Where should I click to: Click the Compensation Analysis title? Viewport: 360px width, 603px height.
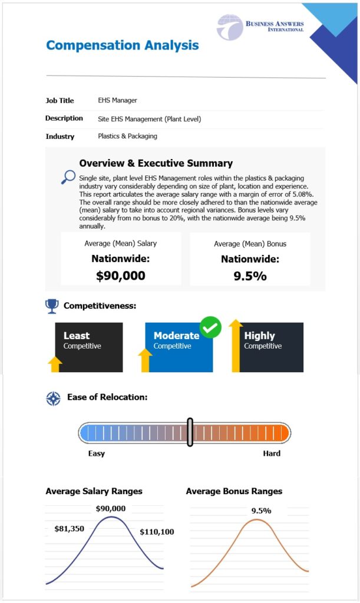[x=122, y=45]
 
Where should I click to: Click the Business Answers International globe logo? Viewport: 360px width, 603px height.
[x=229, y=27]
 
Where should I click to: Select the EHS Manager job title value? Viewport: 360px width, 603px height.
[x=117, y=101]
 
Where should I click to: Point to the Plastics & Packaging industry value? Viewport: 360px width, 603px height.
[x=127, y=137]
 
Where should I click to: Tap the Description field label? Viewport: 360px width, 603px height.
[x=64, y=118]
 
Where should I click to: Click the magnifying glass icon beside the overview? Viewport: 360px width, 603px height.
[x=68, y=177]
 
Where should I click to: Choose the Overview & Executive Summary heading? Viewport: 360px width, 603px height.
[x=156, y=163]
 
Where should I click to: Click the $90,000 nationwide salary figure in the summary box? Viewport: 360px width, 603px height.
[x=121, y=275]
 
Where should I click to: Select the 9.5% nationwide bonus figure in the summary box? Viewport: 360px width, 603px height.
[x=250, y=275]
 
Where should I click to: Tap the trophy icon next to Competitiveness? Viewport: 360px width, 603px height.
[x=52, y=305]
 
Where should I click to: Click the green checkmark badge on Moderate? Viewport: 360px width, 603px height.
[x=210, y=327]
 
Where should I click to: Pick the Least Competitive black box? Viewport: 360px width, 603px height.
[x=89, y=347]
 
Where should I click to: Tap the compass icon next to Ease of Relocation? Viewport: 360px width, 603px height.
[x=53, y=398]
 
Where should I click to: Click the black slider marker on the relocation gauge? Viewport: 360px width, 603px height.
[x=190, y=432]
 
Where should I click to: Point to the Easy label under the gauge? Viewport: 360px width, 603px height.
[x=97, y=453]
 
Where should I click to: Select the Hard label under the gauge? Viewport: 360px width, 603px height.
[x=272, y=453]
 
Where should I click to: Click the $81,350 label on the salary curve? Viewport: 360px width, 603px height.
[x=70, y=528]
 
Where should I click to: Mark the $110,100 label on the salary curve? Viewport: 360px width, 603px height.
[x=157, y=532]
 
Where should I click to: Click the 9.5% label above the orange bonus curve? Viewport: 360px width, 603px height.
[x=261, y=511]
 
